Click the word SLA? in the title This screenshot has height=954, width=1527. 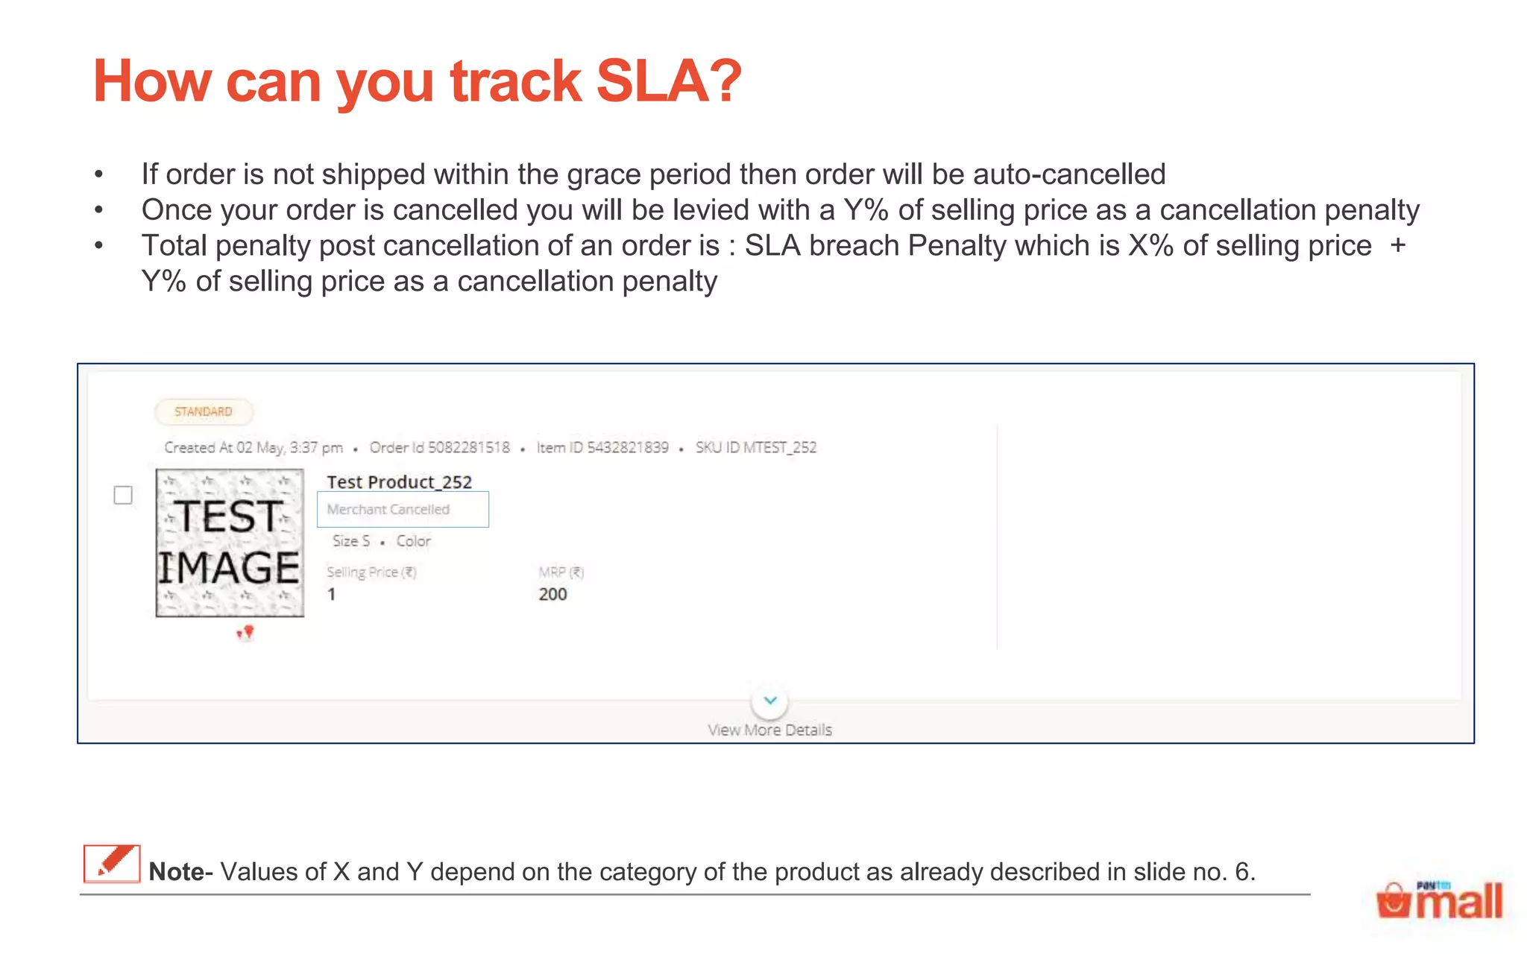tap(669, 81)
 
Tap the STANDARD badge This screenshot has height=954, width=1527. tap(204, 411)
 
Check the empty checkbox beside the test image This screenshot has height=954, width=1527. tap(123, 495)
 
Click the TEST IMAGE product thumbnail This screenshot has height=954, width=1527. tap(230, 543)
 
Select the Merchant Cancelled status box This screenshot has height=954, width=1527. tap(403, 510)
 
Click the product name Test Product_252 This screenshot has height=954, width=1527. tap(399, 482)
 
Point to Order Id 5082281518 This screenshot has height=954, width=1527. tap(440, 447)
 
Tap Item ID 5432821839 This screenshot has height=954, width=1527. tap(602, 447)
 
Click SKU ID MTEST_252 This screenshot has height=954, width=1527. tap(756, 447)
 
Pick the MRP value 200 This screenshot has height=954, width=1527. tap(552, 594)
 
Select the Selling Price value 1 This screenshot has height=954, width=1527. tap(332, 594)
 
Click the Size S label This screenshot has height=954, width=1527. tap(351, 541)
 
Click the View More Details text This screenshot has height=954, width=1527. tap(769, 730)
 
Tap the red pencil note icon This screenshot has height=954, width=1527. tap(112, 864)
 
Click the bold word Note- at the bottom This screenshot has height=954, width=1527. tap(180, 871)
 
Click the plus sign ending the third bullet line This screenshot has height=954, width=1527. tap(1398, 245)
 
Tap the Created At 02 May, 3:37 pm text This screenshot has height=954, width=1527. tap(254, 447)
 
